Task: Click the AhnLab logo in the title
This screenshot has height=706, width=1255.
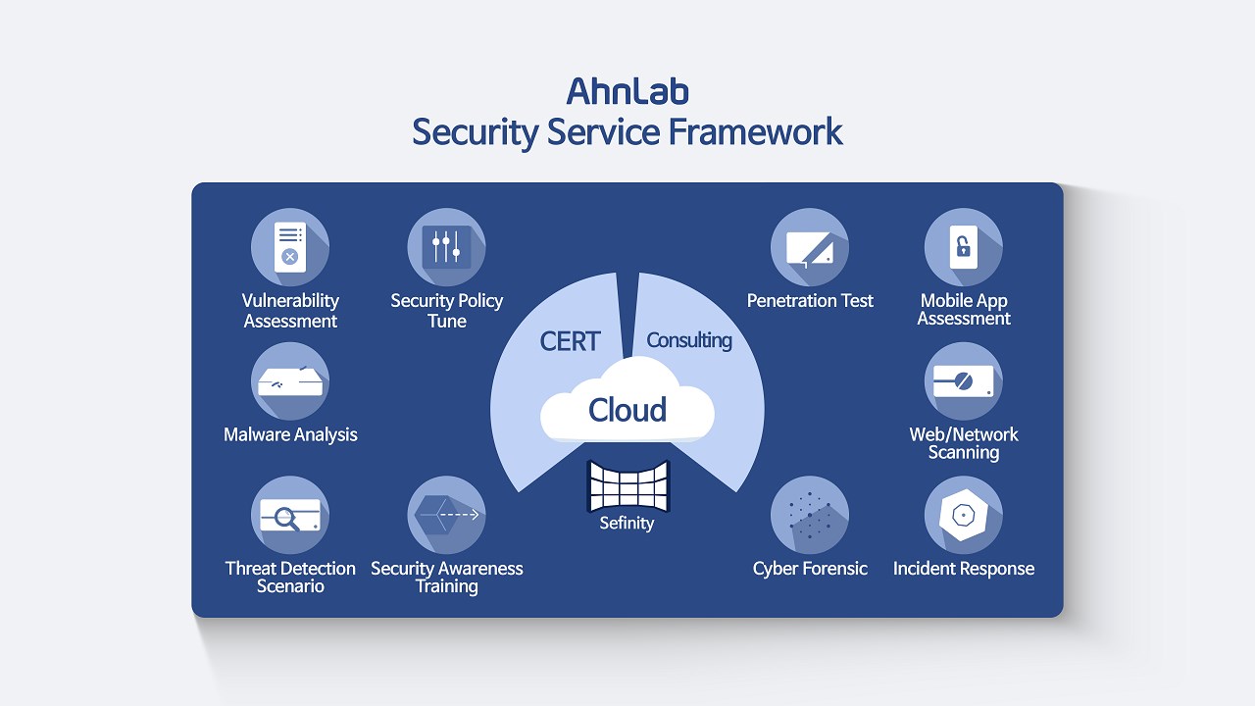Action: click(x=627, y=91)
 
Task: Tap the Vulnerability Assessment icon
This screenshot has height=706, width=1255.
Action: click(x=290, y=247)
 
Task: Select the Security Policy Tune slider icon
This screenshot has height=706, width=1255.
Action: click(x=446, y=247)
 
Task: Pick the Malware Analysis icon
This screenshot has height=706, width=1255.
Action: click(x=290, y=381)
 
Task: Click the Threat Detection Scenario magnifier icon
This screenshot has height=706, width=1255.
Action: click(x=290, y=516)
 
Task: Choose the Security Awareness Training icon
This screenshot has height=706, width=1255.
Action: click(x=446, y=516)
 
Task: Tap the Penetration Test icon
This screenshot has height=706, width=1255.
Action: click(x=810, y=247)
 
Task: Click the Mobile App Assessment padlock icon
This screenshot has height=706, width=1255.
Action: click(x=964, y=247)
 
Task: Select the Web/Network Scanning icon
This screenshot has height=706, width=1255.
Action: click(x=964, y=381)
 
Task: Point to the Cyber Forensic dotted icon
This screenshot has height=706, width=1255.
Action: click(x=810, y=516)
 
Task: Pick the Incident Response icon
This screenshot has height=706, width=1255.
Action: click(x=964, y=516)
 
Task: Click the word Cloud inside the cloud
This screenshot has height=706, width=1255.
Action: click(x=627, y=410)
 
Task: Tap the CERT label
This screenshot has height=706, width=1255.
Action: click(x=570, y=341)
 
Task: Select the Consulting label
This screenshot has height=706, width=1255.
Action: click(x=689, y=340)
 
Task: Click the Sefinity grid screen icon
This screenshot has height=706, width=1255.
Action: click(x=627, y=485)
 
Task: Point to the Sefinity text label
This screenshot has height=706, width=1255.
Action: click(x=627, y=524)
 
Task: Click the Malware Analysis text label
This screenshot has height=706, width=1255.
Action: click(x=290, y=434)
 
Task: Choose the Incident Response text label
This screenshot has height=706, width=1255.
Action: click(x=964, y=569)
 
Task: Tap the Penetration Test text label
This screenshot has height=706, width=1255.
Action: click(x=810, y=301)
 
